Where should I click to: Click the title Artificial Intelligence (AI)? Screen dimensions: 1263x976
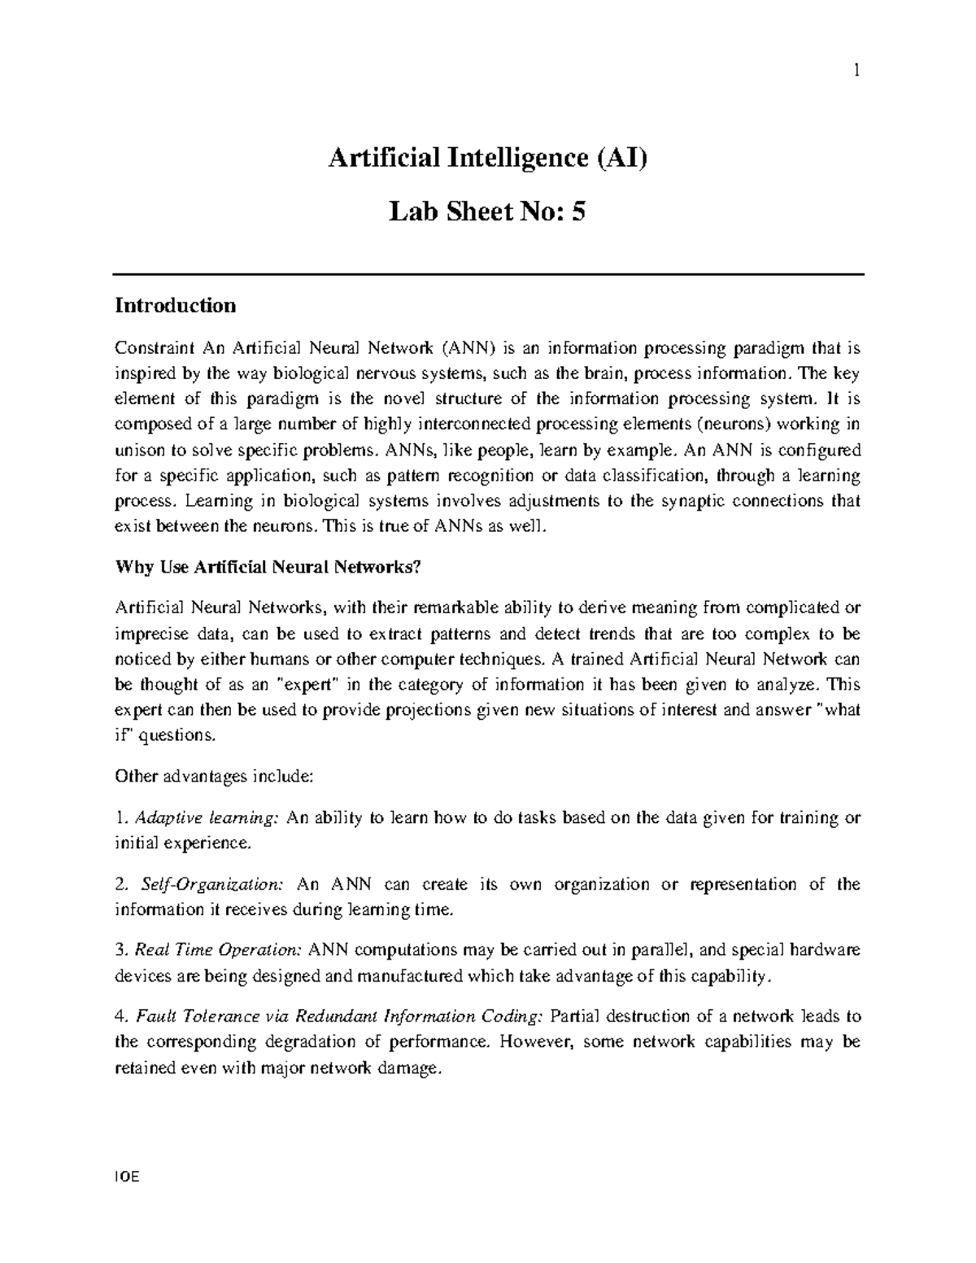click(x=487, y=157)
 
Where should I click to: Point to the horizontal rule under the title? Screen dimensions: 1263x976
click(x=488, y=275)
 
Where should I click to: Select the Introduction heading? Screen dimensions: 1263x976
click(x=176, y=306)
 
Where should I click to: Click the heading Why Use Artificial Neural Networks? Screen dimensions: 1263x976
click(x=269, y=568)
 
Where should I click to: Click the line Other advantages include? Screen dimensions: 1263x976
click(x=214, y=776)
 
